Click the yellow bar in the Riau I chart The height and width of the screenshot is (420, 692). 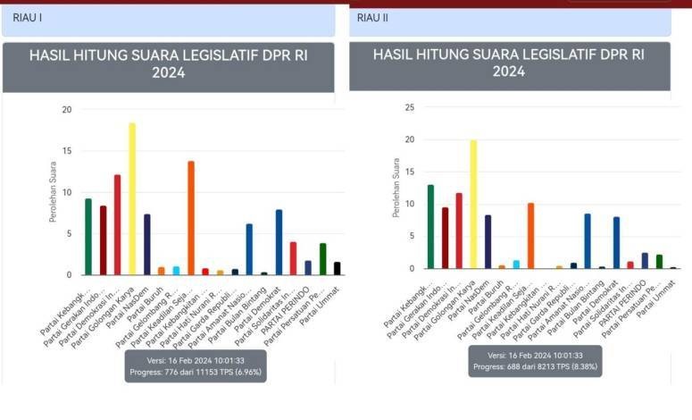pos(132,198)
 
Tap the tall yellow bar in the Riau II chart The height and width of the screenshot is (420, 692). pos(473,204)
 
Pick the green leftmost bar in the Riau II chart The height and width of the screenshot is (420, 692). pos(430,226)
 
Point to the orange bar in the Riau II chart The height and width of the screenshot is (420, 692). pos(530,235)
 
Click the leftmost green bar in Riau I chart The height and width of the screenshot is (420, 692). pos(88,236)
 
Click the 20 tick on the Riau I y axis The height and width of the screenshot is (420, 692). pos(66,110)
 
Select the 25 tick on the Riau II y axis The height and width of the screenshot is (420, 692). pos(410,107)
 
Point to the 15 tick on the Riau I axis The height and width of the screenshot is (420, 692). pos(66,151)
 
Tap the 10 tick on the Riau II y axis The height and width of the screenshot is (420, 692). pos(410,204)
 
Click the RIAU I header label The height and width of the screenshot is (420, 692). pos(27,17)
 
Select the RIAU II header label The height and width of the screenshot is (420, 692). pos(372,17)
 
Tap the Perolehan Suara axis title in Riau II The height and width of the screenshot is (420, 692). pos(396,188)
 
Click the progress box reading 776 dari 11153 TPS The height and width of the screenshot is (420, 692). pos(196,365)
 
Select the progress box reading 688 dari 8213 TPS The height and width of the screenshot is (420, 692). pos(535,360)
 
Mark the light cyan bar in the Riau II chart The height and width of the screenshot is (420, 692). pos(516,264)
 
